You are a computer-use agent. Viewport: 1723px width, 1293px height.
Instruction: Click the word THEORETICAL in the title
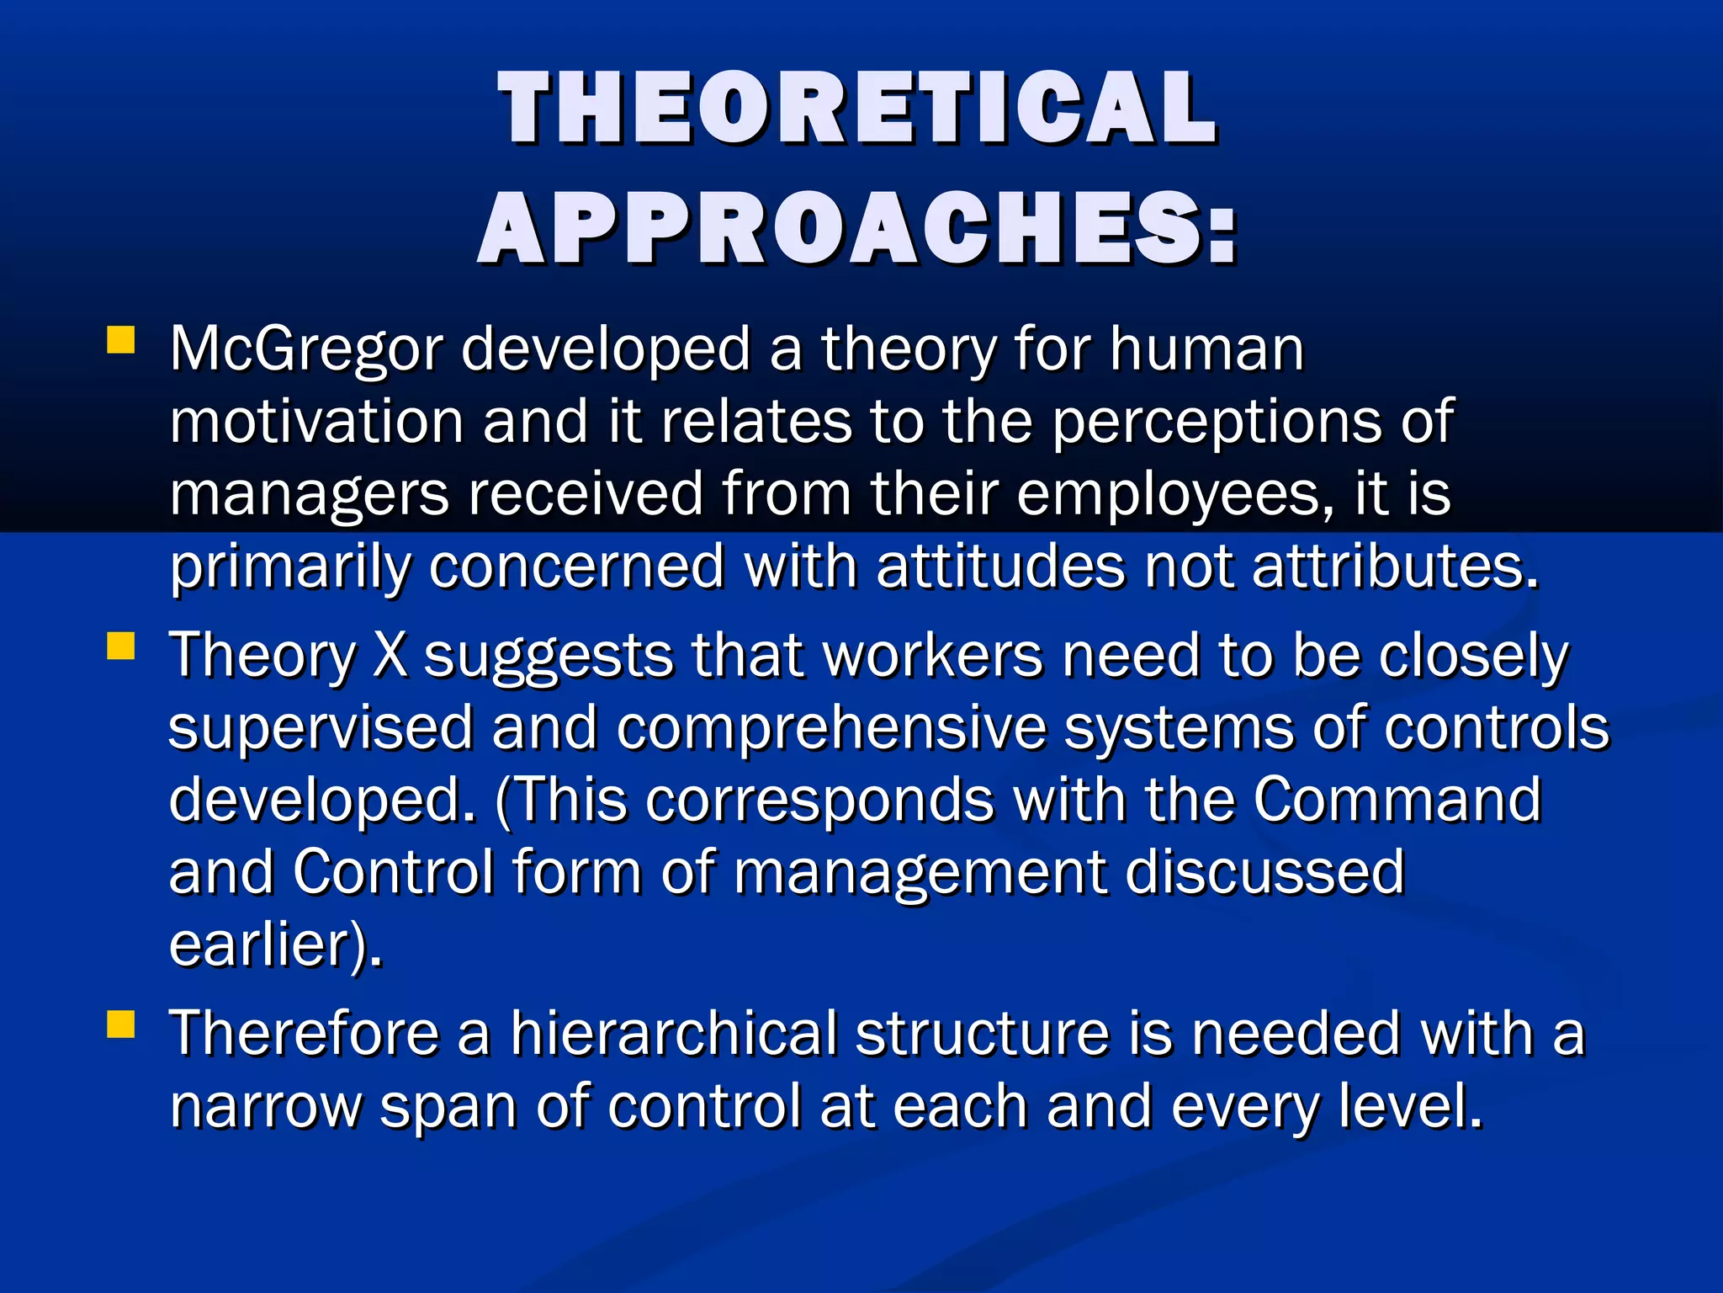[857, 108]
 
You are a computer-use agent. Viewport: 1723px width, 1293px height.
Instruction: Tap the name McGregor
[305, 349]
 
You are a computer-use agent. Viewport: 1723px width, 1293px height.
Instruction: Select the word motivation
[316, 422]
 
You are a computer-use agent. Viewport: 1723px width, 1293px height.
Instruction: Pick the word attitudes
[999, 567]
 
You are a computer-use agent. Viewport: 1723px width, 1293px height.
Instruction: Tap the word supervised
[320, 727]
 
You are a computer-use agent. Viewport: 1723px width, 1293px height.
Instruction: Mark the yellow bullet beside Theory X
[121, 646]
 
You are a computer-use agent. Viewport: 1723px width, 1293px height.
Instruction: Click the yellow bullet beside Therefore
[121, 1024]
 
